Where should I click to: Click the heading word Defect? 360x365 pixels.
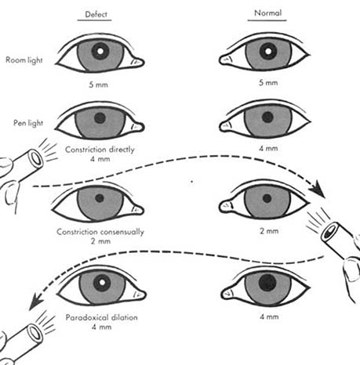[96, 14]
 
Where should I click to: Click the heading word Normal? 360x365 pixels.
[268, 13]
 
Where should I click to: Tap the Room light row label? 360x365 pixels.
[24, 60]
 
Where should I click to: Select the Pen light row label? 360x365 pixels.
[28, 123]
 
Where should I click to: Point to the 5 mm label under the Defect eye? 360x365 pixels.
[98, 85]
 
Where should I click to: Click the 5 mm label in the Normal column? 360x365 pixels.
[268, 82]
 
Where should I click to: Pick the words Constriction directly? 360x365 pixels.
[100, 150]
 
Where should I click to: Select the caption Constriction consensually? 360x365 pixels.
[100, 232]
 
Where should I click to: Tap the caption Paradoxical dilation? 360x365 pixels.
[101, 317]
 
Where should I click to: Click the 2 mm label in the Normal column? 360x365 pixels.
[269, 231]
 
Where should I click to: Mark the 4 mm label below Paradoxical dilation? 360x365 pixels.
[101, 327]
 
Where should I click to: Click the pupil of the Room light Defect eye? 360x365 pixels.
[100, 51]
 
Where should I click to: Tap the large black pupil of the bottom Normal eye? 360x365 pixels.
[267, 283]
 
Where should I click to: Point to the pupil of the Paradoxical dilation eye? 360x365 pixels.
[102, 283]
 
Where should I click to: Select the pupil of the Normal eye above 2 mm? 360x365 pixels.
[267, 198]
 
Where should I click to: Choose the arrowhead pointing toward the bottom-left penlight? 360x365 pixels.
[35, 302]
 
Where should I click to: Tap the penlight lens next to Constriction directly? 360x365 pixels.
[36, 159]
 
